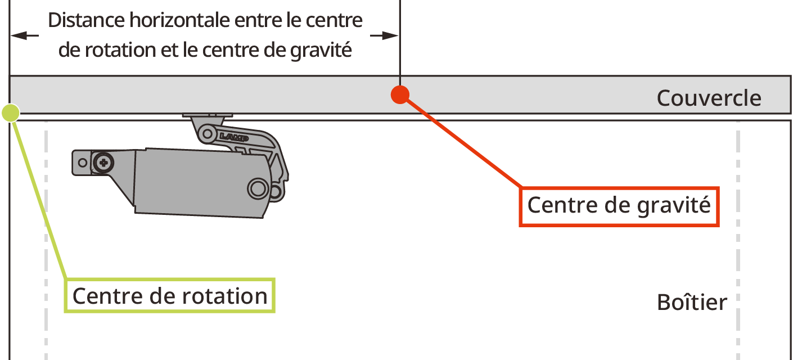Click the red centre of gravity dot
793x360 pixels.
399,94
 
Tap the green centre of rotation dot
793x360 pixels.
11,113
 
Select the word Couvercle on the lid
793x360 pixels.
709,98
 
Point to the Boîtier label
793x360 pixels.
692,303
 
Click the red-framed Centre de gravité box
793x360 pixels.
619,206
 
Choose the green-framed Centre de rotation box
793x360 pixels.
169,296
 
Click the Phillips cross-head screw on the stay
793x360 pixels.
103,163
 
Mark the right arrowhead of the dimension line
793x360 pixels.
391,35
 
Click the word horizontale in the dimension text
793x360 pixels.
178,21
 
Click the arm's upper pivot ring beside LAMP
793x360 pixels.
208,134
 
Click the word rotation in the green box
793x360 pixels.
230,296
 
